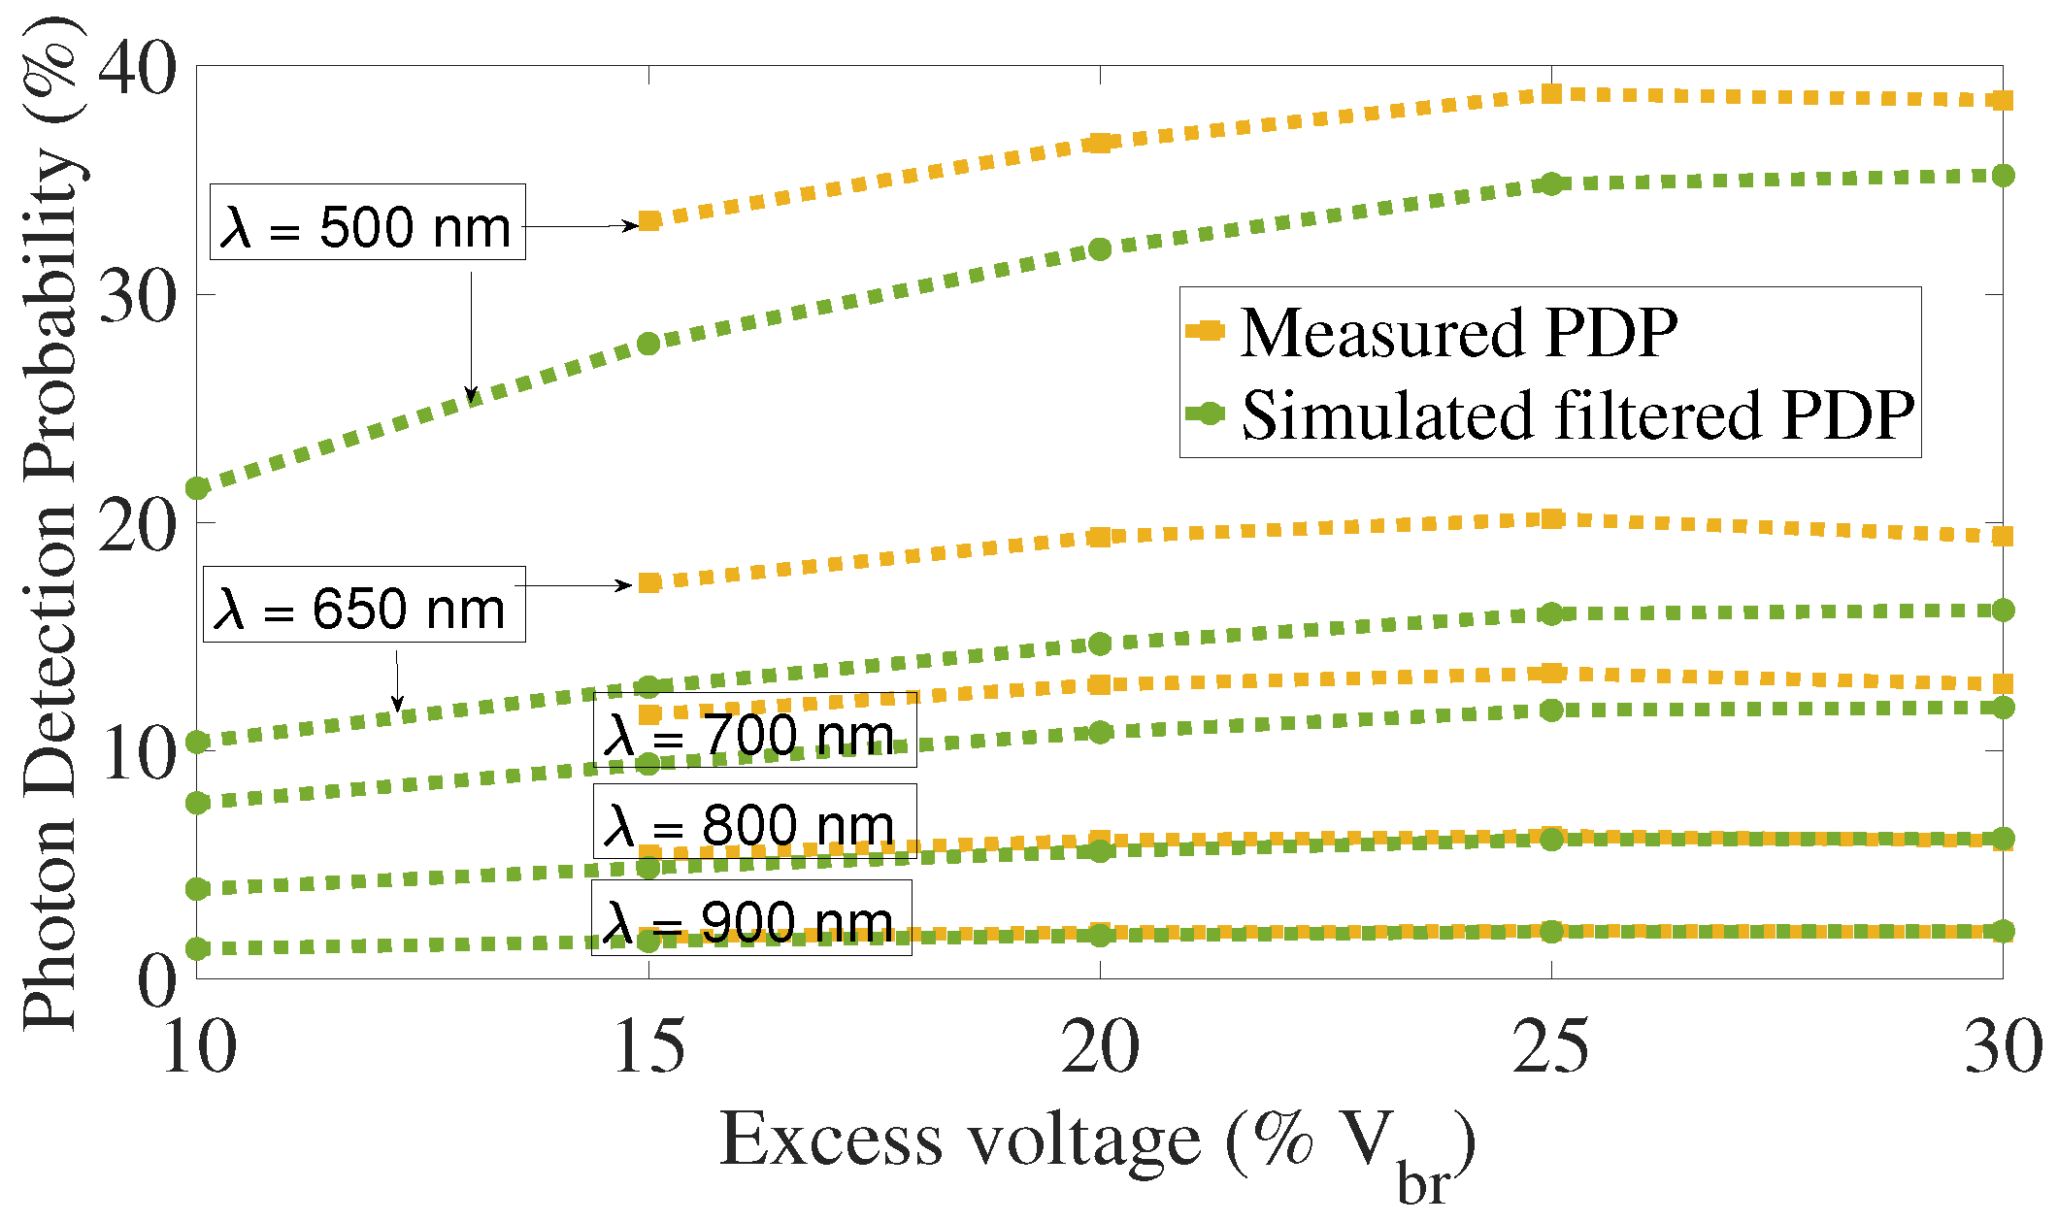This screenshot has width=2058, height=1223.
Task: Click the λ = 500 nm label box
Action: click(367, 222)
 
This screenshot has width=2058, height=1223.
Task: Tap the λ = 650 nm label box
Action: click(364, 605)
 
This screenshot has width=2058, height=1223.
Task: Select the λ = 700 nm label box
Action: click(754, 730)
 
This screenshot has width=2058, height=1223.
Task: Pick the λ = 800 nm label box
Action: click(754, 821)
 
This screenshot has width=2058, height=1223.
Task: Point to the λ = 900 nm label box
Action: click(751, 917)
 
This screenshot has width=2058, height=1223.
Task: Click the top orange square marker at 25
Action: click(1551, 94)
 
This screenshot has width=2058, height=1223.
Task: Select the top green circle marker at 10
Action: click(198, 487)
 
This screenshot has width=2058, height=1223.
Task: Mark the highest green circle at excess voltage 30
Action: click(2003, 176)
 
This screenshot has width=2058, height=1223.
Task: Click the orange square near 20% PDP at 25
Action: click(1551, 519)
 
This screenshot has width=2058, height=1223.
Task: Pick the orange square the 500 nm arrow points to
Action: click(649, 221)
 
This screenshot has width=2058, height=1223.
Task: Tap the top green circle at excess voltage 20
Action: click(1100, 249)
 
